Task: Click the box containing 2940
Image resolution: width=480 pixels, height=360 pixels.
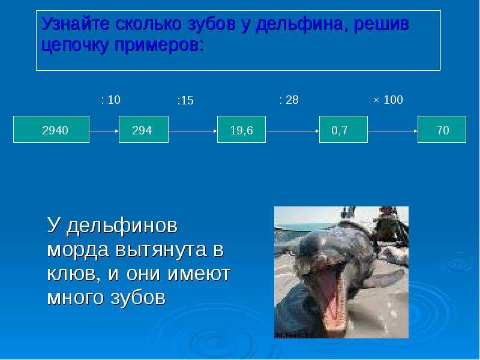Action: [x=52, y=129]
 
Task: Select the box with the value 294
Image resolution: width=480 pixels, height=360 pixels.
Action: [x=143, y=129]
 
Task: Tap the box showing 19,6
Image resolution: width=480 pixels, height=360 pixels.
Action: [x=242, y=129]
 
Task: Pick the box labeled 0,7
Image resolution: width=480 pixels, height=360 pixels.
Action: [x=343, y=129]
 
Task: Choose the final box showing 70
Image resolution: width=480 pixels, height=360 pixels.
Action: [x=442, y=129]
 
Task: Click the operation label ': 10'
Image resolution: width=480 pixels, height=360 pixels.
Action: [x=111, y=100]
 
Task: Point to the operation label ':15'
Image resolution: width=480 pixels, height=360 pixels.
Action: [x=185, y=100]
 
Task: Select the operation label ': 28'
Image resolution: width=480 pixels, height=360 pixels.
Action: [x=289, y=100]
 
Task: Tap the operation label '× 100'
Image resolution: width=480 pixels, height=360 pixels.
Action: [x=388, y=100]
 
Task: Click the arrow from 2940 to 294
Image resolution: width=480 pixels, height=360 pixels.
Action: [x=104, y=131]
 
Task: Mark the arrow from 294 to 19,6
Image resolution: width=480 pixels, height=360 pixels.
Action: [x=193, y=131]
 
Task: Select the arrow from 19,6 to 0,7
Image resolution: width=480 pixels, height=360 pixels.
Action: [x=293, y=131]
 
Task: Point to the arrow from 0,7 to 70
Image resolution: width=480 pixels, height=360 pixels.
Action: [x=393, y=131]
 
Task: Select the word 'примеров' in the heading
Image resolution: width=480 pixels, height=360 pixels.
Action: [x=159, y=46]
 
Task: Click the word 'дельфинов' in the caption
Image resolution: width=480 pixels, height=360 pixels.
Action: [x=122, y=226]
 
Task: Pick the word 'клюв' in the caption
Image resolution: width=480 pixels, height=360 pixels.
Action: [x=74, y=274]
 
